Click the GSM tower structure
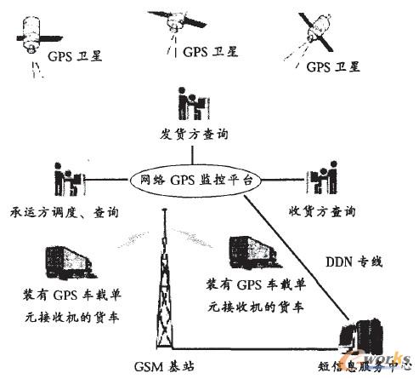click(x=165, y=290)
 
